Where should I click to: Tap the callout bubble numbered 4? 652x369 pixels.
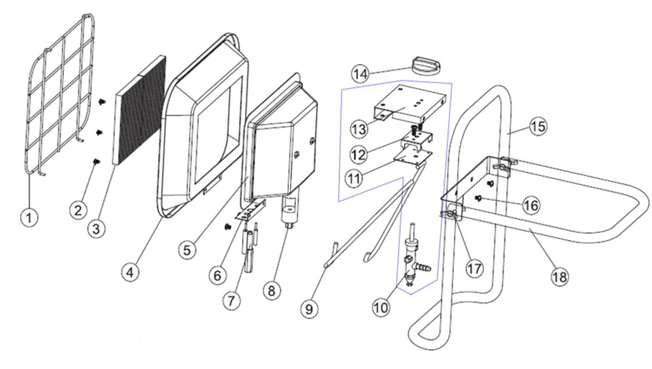click(130, 272)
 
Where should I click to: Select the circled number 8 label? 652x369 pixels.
click(272, 290)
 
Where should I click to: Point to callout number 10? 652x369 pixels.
click(382, 308)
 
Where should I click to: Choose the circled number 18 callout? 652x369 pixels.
click(560, 276)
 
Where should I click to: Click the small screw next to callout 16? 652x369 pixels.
click(479, 198)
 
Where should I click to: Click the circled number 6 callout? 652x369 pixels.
click(216, 275)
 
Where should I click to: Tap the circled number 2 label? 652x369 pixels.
click(78, 210)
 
